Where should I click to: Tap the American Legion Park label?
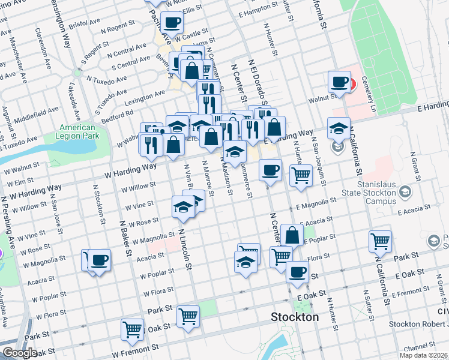(77, 132)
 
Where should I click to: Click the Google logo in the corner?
(20, 353)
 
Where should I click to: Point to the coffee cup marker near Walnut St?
(339, 82)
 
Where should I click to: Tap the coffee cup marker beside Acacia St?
(99, 261)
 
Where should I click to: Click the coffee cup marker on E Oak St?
(297, 272)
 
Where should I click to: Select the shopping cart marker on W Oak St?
(132, 329)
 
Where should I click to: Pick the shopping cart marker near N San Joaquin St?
(301, 176)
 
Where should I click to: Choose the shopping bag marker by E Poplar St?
(292, 235)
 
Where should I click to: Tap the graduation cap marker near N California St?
(339, 128)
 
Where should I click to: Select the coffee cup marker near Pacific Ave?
(172, 24)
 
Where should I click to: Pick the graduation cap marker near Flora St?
(245, 262)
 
